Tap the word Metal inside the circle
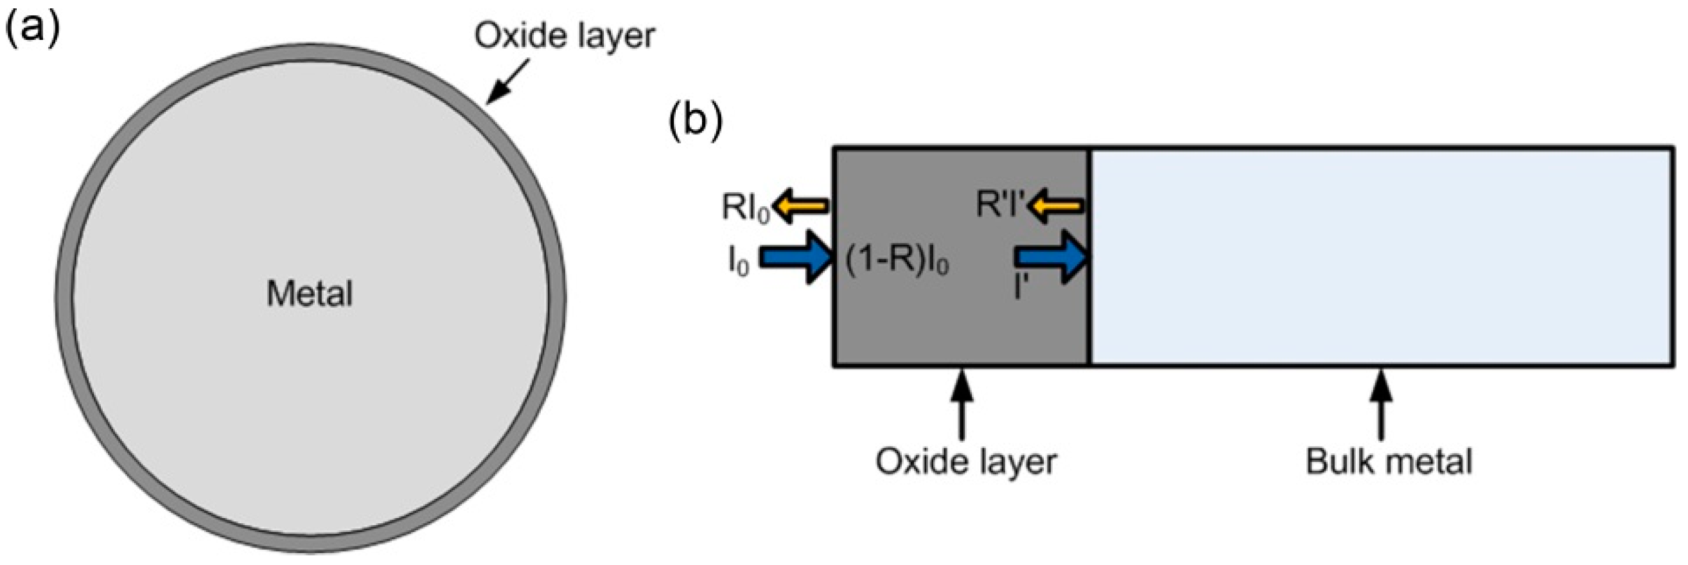310,293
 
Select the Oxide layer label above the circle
564,36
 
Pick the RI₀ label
746,208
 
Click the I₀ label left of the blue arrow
738,262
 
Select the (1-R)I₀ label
897,262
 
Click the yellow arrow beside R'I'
1054,206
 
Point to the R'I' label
999,204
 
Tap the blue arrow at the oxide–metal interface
1051,257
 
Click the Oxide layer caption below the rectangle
966,462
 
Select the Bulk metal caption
1389,462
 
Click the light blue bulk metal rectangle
1382,257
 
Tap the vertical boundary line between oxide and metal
1090,257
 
